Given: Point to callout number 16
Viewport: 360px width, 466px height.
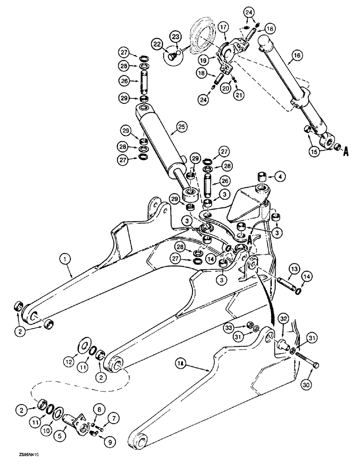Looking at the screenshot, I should coord(297,58).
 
